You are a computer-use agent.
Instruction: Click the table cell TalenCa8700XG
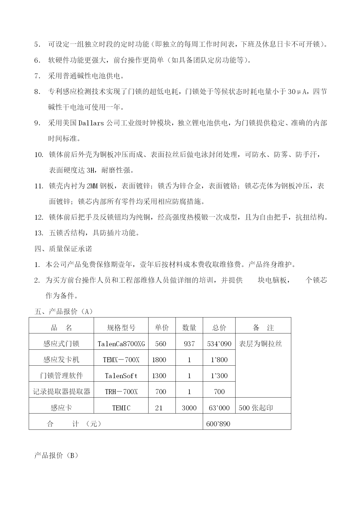[x=121, y=344]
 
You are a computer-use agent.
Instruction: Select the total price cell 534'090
[x=219, y=344]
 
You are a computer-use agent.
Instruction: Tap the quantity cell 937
[x=189, y=344]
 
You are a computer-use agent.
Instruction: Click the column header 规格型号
[x=121, y=328]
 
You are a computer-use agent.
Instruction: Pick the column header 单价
[x=162, y=328]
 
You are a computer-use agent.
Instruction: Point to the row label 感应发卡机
[x=61, y=360]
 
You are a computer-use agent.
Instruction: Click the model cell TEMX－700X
[x=121, y=360]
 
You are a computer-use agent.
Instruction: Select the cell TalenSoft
[x=121, y=376]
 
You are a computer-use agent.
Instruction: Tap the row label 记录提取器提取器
[x=61, y=392]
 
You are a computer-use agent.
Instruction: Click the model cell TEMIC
[x=121, y=408]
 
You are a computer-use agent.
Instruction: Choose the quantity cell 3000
[x=189, y=408]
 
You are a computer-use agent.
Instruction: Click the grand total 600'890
[x=218, y=424]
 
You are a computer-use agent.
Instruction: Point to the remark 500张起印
[x=256, y=408]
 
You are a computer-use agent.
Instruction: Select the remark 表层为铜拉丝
[x=260, y=344]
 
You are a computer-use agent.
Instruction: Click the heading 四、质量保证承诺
[x=63, y=249]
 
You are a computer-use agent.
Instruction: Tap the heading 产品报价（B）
[x=56, y=456]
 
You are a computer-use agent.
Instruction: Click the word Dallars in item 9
[x=91, y=123]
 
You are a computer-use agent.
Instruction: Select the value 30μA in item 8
[x=298, y=92]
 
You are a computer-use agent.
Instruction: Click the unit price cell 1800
[x=159, y=360]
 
